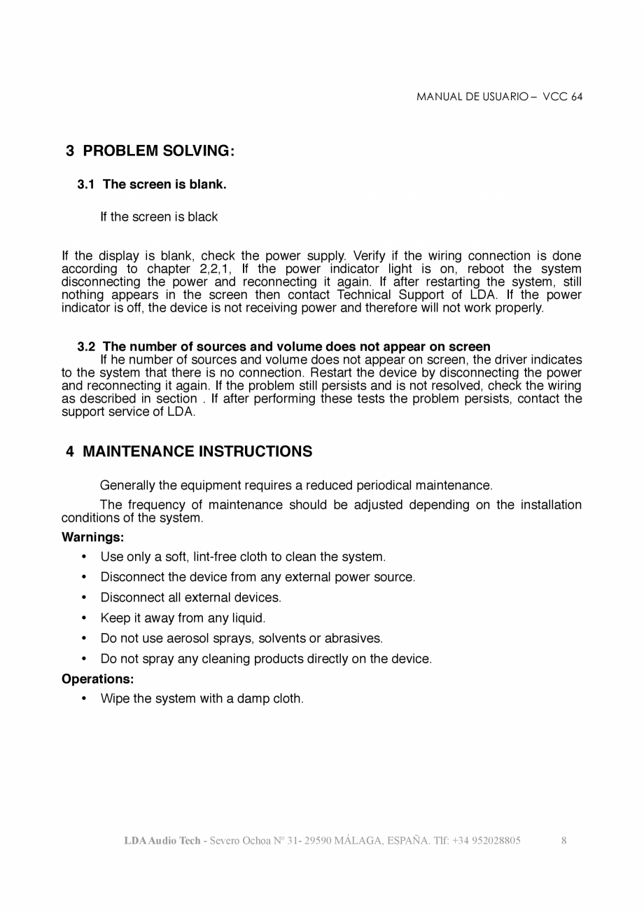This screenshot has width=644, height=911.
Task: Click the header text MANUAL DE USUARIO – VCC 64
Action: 499,97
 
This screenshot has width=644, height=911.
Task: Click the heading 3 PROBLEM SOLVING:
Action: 150,151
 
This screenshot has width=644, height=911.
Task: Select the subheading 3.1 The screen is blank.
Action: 152,185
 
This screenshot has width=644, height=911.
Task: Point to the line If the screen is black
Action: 159,217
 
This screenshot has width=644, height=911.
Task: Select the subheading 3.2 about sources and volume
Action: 283,347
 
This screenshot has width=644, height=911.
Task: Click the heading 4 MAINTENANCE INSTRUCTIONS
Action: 189,452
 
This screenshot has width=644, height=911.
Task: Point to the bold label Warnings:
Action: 92,538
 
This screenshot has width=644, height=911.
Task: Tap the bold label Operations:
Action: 97,679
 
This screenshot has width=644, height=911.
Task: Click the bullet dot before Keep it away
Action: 84,618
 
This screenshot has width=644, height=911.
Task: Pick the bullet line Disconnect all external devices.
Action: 190,598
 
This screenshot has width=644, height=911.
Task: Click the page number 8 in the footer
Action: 564,840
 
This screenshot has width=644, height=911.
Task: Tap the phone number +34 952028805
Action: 486,840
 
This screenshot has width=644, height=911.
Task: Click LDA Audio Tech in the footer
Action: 162,840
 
